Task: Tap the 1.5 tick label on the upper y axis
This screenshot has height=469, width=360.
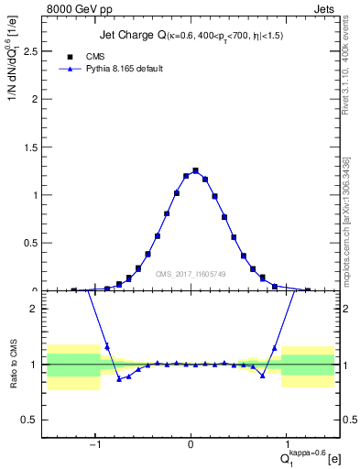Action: click(33, 147)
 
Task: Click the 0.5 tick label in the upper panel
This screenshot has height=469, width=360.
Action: click(33, 243)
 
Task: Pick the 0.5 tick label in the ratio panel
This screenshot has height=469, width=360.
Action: click(33, 420)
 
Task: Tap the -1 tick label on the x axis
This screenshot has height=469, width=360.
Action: click(94, 439)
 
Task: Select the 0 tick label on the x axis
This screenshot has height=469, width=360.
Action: click(191, 439)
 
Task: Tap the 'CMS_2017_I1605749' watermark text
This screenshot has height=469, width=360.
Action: click(191, 274)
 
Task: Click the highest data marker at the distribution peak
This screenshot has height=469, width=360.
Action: click(195, 170)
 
